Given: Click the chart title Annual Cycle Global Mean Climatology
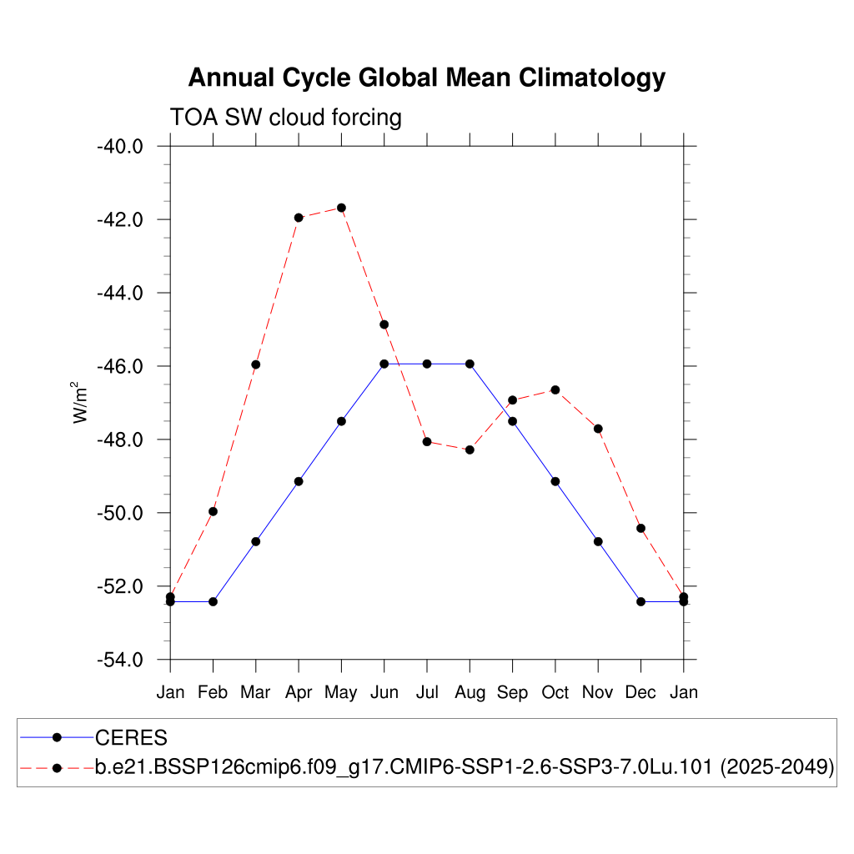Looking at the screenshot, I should pyautogui.click(x=426, y=78).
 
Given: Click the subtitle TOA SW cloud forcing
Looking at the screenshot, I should pyautogui.click(x=285, y=117).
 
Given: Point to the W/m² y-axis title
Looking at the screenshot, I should pyautogui.click(x=81, y=403).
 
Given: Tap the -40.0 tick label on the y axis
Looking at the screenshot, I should pyautogui.click(x=121, y=147).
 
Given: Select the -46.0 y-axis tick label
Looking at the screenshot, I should pyautogui.click(x=121, y=366).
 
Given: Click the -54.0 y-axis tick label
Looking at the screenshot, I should pyautogui.click(x=121, y=660).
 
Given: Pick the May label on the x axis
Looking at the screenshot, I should pyautogui.click(x=341, y=692).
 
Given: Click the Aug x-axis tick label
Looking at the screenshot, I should pyautogui.click(x=470, y=692).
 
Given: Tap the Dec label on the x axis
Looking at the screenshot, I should pyautogui.click(x=640, y=692).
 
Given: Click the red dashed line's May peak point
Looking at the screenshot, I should pyautogui.click(x=341, y=208).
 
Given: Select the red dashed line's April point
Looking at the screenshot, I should pyautogui.click(x=299, y=218).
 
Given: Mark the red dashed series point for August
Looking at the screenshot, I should pyautogui.click(x=470, y=450).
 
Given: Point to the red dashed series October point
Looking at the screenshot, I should pyautogui.click(x=555, y=389).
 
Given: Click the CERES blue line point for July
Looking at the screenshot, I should pyautogui.click(x=427, y=364).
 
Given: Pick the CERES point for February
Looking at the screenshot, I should pyautogui.click(x=213, y=601).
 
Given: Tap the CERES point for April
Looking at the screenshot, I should pyautogui.click(x=299, y=481).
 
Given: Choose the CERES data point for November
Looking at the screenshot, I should pyautogui.click(x=598, y=541).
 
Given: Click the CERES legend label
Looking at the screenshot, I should pyautogui.click(x=132, y=737).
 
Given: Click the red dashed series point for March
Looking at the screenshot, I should pyautogui.click(x=256, y=364).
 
